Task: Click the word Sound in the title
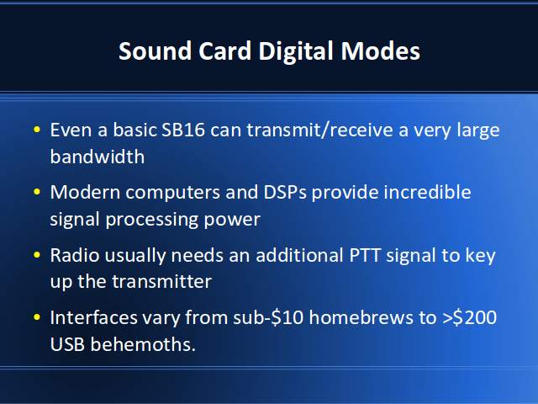tap(155, 50)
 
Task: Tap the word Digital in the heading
tap(296, 51)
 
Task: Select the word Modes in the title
tap(381, 50)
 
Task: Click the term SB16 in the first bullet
tap(183, 130)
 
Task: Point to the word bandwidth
tap(98, 157)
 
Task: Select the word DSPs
tap(285, 192)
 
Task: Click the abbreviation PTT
tap(365, 255)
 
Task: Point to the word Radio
tap(75, 255)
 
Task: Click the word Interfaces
tap(94, 317)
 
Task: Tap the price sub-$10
tap(268, 317)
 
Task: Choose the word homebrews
tap(361, 317)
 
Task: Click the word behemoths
tap(143, 344)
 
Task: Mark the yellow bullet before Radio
tap(37, 255)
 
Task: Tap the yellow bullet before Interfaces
tap(37, 317)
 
